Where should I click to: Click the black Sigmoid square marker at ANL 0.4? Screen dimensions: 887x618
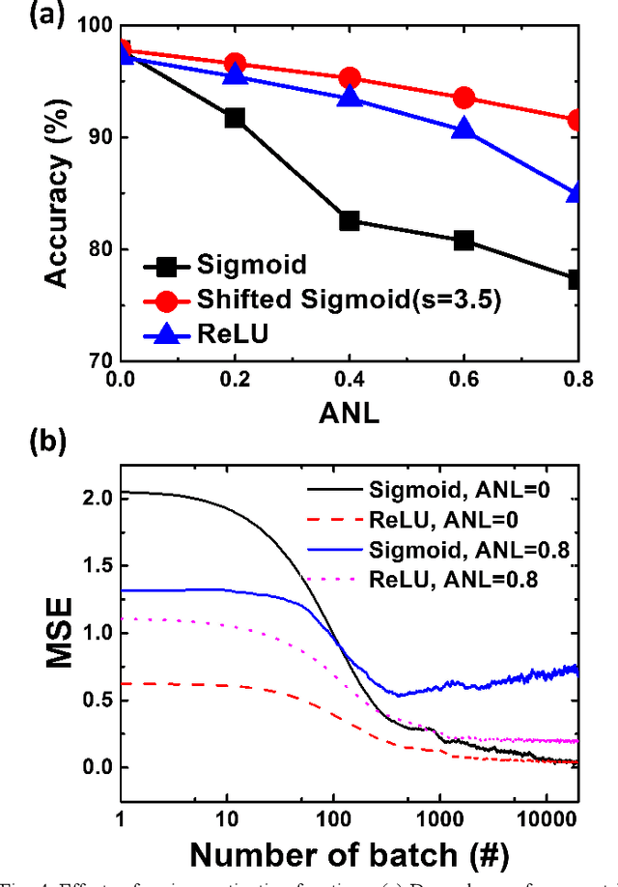point(350,220)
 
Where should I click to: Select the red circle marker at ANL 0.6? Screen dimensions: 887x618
point(464,98)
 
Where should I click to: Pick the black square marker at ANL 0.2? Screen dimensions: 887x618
point(235,118)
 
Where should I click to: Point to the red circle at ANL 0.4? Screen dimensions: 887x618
point(350,78)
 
